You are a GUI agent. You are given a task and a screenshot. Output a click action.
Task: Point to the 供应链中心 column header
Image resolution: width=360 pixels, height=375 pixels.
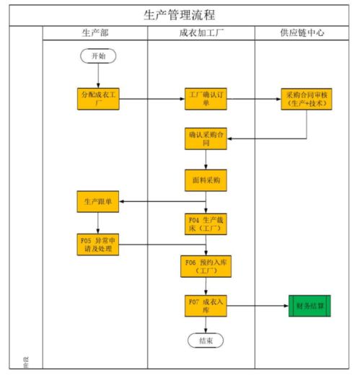point(306,34)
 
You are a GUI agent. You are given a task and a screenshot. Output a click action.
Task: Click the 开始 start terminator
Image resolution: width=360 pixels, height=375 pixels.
point(97,56)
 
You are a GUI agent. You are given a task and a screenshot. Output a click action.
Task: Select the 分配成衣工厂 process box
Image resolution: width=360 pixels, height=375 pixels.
point(97,99)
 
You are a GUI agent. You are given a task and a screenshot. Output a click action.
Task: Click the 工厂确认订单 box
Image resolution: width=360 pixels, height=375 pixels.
point(205,99)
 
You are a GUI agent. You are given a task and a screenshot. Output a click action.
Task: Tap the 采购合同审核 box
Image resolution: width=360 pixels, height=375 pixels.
point(307,99)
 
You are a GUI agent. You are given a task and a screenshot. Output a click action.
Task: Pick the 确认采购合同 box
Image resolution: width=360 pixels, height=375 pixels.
point(205,138)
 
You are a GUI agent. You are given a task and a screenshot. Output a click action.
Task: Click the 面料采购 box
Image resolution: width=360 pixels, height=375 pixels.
point(205,178)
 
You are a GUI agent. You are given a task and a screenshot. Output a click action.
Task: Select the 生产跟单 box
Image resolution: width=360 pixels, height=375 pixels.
point(97,201)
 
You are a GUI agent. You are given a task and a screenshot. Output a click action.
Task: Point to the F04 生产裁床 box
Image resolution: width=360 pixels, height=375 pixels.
point(205,224)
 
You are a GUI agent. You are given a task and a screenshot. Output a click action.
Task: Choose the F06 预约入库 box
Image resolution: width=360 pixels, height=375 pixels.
point(205,266)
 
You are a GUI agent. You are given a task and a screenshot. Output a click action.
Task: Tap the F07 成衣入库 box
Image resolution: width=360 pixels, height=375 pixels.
point(205,306)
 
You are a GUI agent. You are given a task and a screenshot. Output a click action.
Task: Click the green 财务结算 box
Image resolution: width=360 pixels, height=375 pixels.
point(309,306)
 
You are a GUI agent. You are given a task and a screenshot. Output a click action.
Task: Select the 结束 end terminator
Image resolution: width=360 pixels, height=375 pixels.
point(205,340)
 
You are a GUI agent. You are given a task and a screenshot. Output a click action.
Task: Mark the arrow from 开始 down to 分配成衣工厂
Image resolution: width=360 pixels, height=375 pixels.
point(97,76)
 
